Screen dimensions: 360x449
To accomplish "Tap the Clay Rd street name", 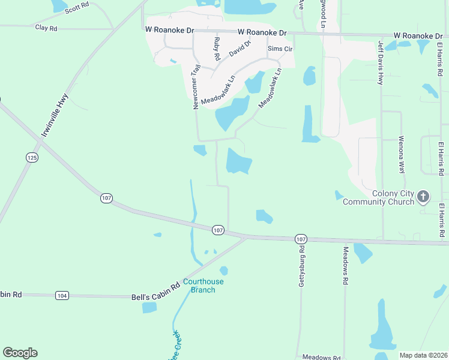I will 46,28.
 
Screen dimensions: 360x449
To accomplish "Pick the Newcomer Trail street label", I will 196,86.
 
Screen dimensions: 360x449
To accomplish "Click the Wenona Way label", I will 402,154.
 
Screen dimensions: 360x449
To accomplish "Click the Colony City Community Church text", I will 378,197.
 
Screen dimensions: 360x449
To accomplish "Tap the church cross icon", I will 423,196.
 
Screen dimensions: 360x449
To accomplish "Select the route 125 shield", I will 32,157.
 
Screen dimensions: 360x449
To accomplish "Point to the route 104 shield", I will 62,295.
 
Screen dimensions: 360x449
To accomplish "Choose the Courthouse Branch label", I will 203,286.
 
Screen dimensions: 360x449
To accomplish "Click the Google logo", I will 20,353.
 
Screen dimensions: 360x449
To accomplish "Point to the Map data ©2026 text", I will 423,355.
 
